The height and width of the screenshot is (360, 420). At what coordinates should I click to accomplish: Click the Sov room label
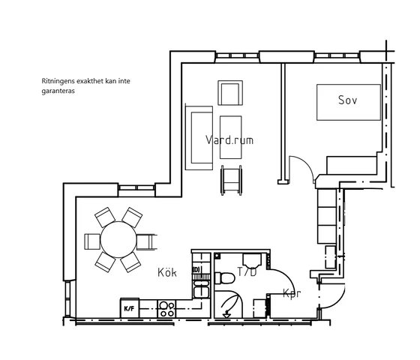[x=347, y=100]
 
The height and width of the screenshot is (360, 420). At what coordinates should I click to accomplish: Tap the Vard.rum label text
[x=229, y=139]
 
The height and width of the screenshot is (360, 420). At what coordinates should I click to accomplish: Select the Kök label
[x=167, y=272]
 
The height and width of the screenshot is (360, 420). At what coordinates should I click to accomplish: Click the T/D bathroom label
[x=247, y=271]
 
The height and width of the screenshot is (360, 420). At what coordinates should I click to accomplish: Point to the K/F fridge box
[x=129, y=308]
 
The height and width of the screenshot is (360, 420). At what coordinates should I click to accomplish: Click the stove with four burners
[x=166, y=309]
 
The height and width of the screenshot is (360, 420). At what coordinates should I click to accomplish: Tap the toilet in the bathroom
[x=225, y=278]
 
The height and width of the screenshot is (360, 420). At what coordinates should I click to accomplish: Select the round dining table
[x=118, y=240]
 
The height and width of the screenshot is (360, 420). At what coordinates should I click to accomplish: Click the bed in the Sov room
[x=349, y=102]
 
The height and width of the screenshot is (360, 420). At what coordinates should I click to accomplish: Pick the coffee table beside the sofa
[x=231, y=137]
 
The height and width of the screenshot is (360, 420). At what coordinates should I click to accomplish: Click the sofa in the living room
[x=199, y=138]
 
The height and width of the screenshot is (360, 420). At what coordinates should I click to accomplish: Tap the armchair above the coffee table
[x=230, y=93]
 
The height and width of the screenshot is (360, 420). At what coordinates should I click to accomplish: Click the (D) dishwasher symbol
[x=196, y=269]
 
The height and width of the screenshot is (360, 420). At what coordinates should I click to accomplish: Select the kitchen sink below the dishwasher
[x=201, y=289]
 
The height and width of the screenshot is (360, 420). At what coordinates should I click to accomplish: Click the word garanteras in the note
[x=58, y=91]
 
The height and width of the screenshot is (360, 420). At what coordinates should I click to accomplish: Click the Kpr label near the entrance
[x=292, y=293]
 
